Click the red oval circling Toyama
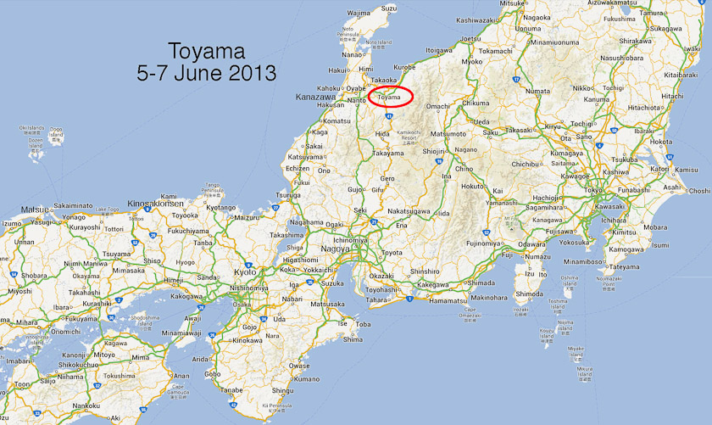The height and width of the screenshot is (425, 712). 392,97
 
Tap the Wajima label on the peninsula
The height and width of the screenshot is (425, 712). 359,14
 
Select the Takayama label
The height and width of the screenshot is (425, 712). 387,154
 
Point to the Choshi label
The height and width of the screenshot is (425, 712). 699,191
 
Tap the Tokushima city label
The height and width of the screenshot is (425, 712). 119,375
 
